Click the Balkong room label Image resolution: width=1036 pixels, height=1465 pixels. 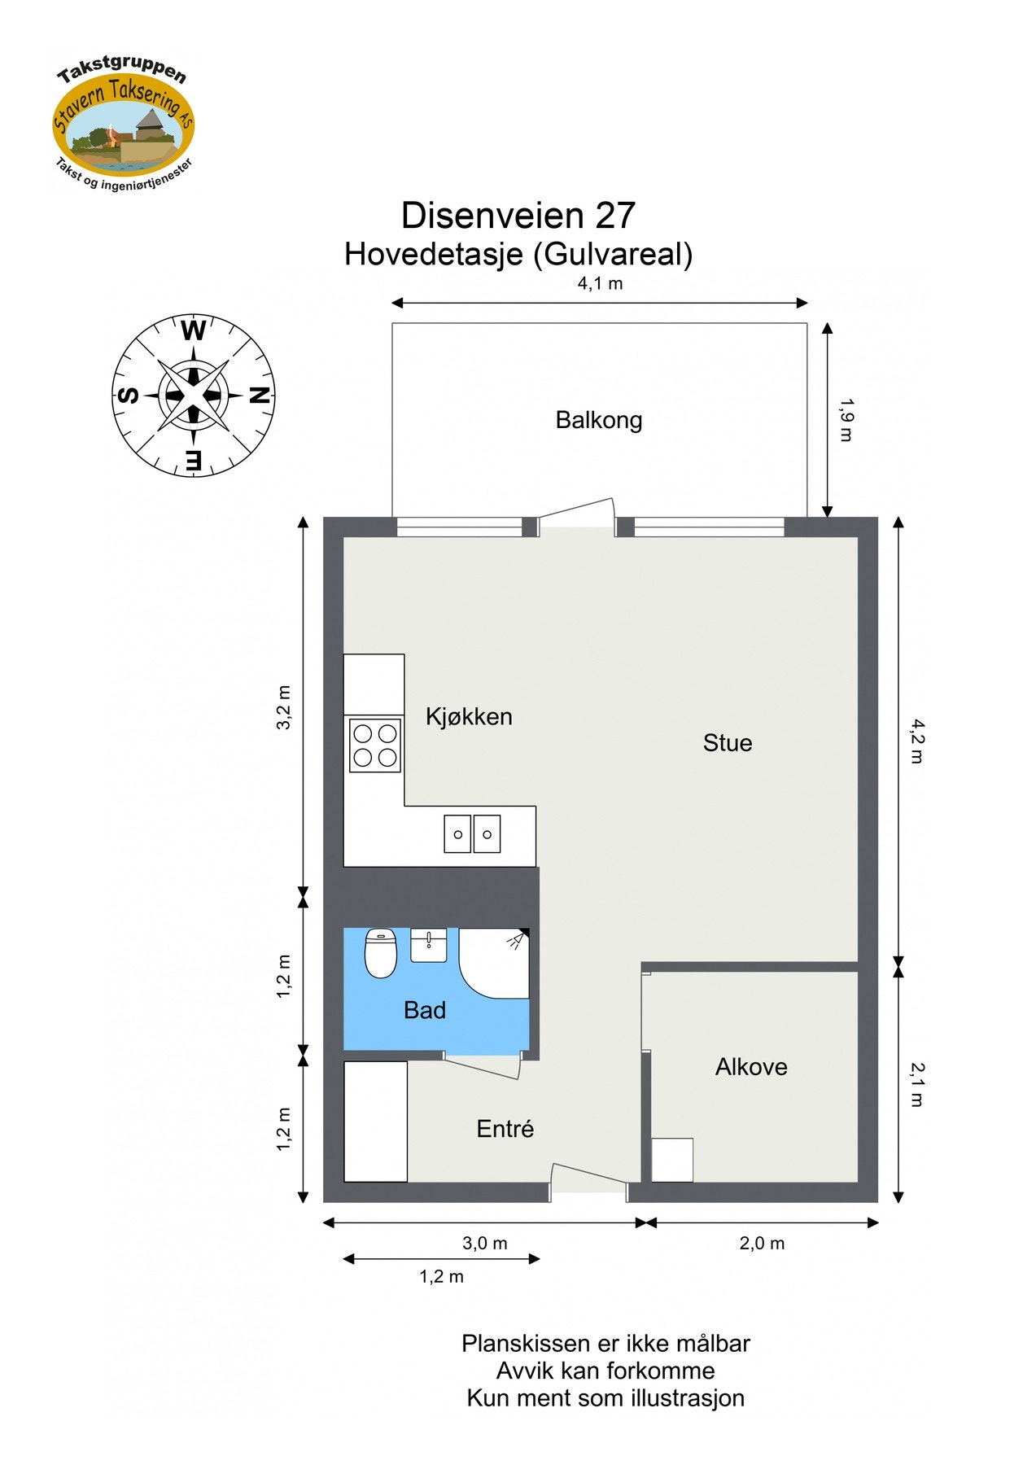599,420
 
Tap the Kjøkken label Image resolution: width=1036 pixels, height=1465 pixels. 469,716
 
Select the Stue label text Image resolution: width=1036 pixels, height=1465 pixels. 727,742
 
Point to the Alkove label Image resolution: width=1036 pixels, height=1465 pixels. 750,1066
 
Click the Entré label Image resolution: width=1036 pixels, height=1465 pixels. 505,1128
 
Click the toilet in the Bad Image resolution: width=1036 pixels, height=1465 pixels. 380,953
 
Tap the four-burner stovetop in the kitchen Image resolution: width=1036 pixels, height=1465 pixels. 375,746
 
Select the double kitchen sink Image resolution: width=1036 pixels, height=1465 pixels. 472,834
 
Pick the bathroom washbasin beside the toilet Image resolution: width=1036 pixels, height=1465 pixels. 429,945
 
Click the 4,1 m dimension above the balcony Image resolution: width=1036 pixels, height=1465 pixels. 600,283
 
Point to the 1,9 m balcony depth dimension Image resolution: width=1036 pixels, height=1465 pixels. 846,420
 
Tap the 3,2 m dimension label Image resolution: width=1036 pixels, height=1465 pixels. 283,707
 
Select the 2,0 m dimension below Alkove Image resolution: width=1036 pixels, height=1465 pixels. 762,1243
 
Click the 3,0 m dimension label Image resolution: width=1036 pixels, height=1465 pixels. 485,1243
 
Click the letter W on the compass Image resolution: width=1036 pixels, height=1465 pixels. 194,331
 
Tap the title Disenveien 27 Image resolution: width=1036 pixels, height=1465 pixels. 518,216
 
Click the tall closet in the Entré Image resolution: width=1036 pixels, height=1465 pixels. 375,1121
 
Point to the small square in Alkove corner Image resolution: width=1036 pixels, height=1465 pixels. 672,1160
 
